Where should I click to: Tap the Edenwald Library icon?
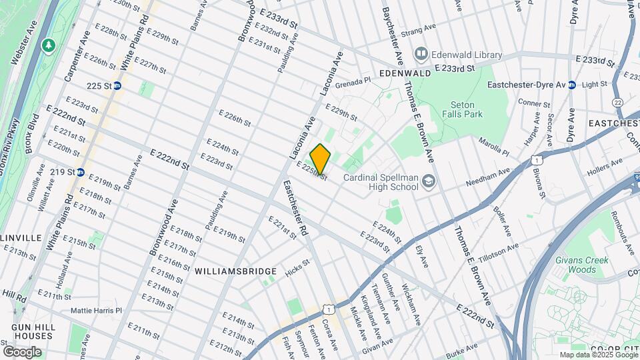(421, 53)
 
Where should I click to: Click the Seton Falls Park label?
(462, 109)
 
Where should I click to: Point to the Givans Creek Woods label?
(573, 265)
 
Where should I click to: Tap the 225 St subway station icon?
(117, 85)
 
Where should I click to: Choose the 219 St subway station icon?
(81, 171)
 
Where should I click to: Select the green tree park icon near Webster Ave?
(48, 45)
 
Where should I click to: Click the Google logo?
(22, 351)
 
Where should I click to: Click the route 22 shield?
(618, 102)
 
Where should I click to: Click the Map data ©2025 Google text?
(597, 355)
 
